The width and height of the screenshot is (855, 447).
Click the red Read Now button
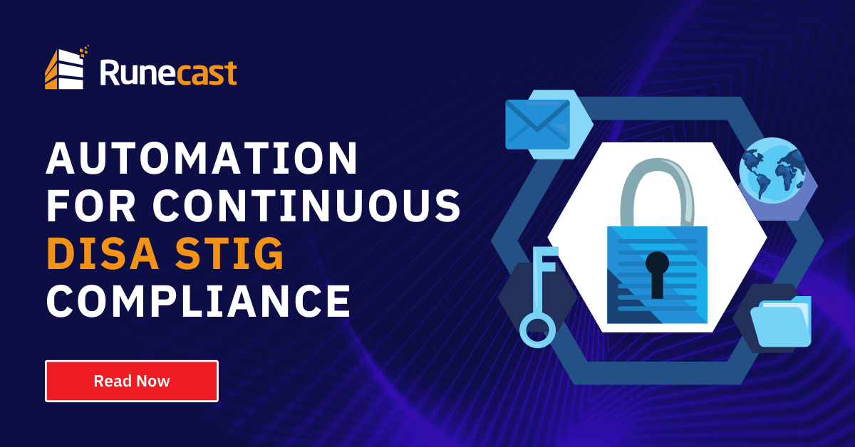click(x=132, y=381)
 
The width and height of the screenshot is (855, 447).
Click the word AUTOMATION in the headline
click(x=202, y=159)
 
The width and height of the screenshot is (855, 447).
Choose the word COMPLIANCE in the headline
click(x=198, y=301)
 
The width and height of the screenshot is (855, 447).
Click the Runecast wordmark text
click(x=168, y=73)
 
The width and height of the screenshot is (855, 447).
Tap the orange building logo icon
click(x=66, y=69)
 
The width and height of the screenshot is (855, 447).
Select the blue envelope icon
click(x=537, y=124)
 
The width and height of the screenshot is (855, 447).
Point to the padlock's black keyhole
click(x=657, y=273)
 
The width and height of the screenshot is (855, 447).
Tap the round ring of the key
click(x=537, y=329)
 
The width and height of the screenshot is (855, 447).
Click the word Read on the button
click(x=111, y=381)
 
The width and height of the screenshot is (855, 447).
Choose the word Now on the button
click(x=152, y=381)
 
